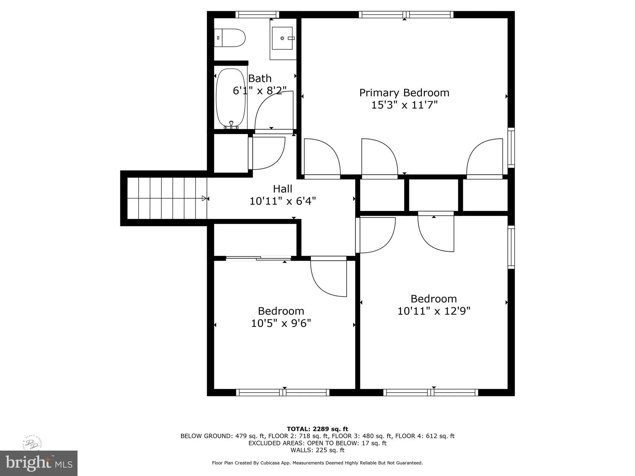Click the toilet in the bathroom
(230, 38)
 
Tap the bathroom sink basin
(282, 38)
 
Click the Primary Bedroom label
(404, 93)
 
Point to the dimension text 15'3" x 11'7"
(404, 105)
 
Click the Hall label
(282, 189)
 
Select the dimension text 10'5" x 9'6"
(281, 323)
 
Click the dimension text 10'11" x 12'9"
(434, 311)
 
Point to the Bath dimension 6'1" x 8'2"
(260, 90)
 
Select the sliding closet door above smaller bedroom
(258, 258)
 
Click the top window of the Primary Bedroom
(406, 15)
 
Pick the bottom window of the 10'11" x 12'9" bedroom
(431, 393)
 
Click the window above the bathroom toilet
(257, 15)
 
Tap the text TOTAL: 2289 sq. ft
(317, 429)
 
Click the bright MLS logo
(39, 463)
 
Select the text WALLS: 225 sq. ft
(317, 450)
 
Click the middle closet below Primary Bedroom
(433, 195)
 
